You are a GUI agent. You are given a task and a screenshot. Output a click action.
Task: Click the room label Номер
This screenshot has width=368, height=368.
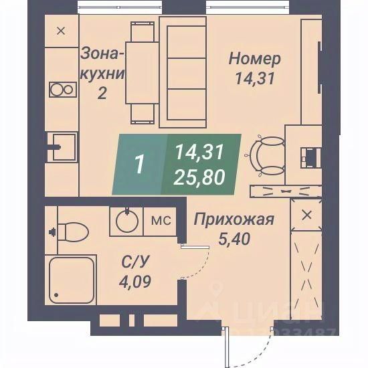tap(254, 59)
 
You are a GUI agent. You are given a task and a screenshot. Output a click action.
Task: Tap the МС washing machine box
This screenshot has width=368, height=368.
tap(159, 220)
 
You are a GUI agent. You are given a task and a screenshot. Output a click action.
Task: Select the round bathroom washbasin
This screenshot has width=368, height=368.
tap(125, 219)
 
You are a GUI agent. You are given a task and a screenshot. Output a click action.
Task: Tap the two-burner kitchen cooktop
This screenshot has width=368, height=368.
tap(63, 89)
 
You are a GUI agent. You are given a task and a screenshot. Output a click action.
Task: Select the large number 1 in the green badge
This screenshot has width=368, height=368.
tap(139, 164)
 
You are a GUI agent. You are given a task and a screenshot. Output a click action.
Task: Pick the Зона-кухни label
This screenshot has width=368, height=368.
tap(102, 64)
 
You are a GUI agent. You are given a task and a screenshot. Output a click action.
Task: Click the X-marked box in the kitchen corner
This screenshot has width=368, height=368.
tap(61, 31)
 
